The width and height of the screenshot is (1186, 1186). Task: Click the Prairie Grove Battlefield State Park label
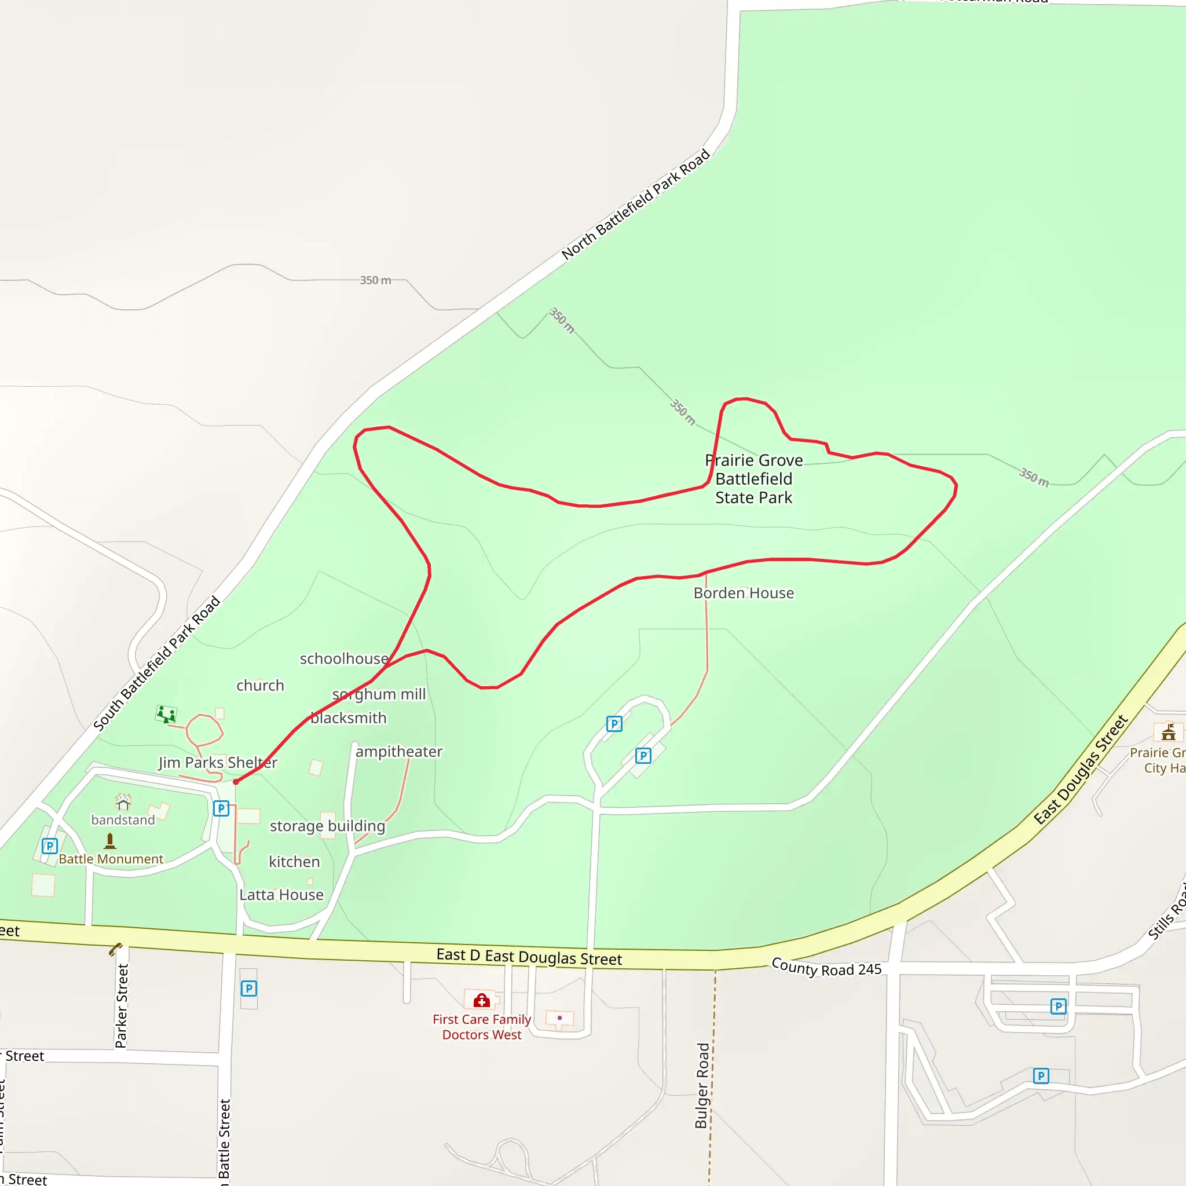[754, 479]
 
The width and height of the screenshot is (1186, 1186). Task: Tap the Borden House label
[744, 593]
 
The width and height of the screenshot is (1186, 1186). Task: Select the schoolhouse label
[344, 658]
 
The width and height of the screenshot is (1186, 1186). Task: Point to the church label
[260, 685]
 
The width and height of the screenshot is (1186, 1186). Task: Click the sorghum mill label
[379, 694]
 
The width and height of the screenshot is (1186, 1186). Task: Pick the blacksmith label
[349, 718]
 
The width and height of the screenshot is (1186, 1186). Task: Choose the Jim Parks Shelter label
[218, 763]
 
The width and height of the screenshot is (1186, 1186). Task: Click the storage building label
[327, 826]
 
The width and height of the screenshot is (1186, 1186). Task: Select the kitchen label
[294, 862]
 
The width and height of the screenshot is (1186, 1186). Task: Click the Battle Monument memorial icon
[110, 840]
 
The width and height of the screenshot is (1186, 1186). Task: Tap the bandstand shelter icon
[123, 801]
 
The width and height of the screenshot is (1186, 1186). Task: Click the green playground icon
[166, 714]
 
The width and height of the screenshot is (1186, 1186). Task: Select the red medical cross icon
[482, 1001]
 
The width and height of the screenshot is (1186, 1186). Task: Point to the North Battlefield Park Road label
[635, 204]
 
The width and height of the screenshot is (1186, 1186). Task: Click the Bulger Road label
[702, 1085]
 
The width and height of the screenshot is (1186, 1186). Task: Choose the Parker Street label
[122, 1005]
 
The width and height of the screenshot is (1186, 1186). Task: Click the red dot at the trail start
[236, 782]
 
